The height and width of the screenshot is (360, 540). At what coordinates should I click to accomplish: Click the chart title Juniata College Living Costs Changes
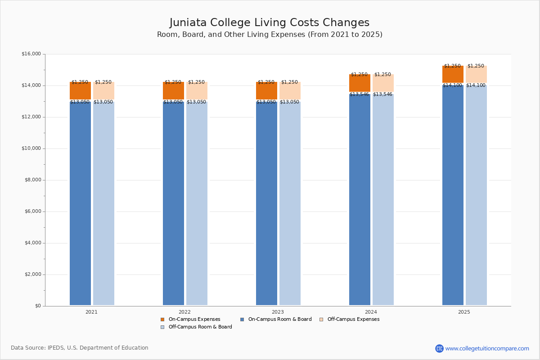pos(270,23)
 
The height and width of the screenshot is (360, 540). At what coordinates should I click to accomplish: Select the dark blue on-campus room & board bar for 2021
pos(80,202)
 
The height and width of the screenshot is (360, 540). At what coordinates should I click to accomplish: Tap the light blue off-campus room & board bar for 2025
pos(476,193)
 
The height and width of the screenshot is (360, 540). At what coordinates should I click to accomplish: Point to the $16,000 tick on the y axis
pos(31,54)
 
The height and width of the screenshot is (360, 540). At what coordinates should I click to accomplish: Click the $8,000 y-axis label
pos(31,180)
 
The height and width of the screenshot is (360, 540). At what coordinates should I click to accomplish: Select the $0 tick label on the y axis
pos(37,306)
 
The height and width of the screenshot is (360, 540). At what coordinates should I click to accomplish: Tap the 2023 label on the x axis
pos(278,312)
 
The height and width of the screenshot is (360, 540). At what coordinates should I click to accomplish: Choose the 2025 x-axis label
pos(464,312)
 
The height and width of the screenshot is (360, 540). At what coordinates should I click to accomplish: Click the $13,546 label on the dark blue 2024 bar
pos(359,94)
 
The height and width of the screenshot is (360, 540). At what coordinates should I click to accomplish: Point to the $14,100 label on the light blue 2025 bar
pos(476,85)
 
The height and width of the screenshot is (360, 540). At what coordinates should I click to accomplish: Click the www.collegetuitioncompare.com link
pos(487,348)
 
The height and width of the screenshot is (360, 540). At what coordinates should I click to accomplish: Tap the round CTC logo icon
pos(439,348)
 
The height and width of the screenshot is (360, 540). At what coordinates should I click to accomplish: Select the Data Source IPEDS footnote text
pos(80,348)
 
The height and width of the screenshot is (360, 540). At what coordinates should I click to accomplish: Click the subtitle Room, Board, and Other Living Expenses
pos(270,35)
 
